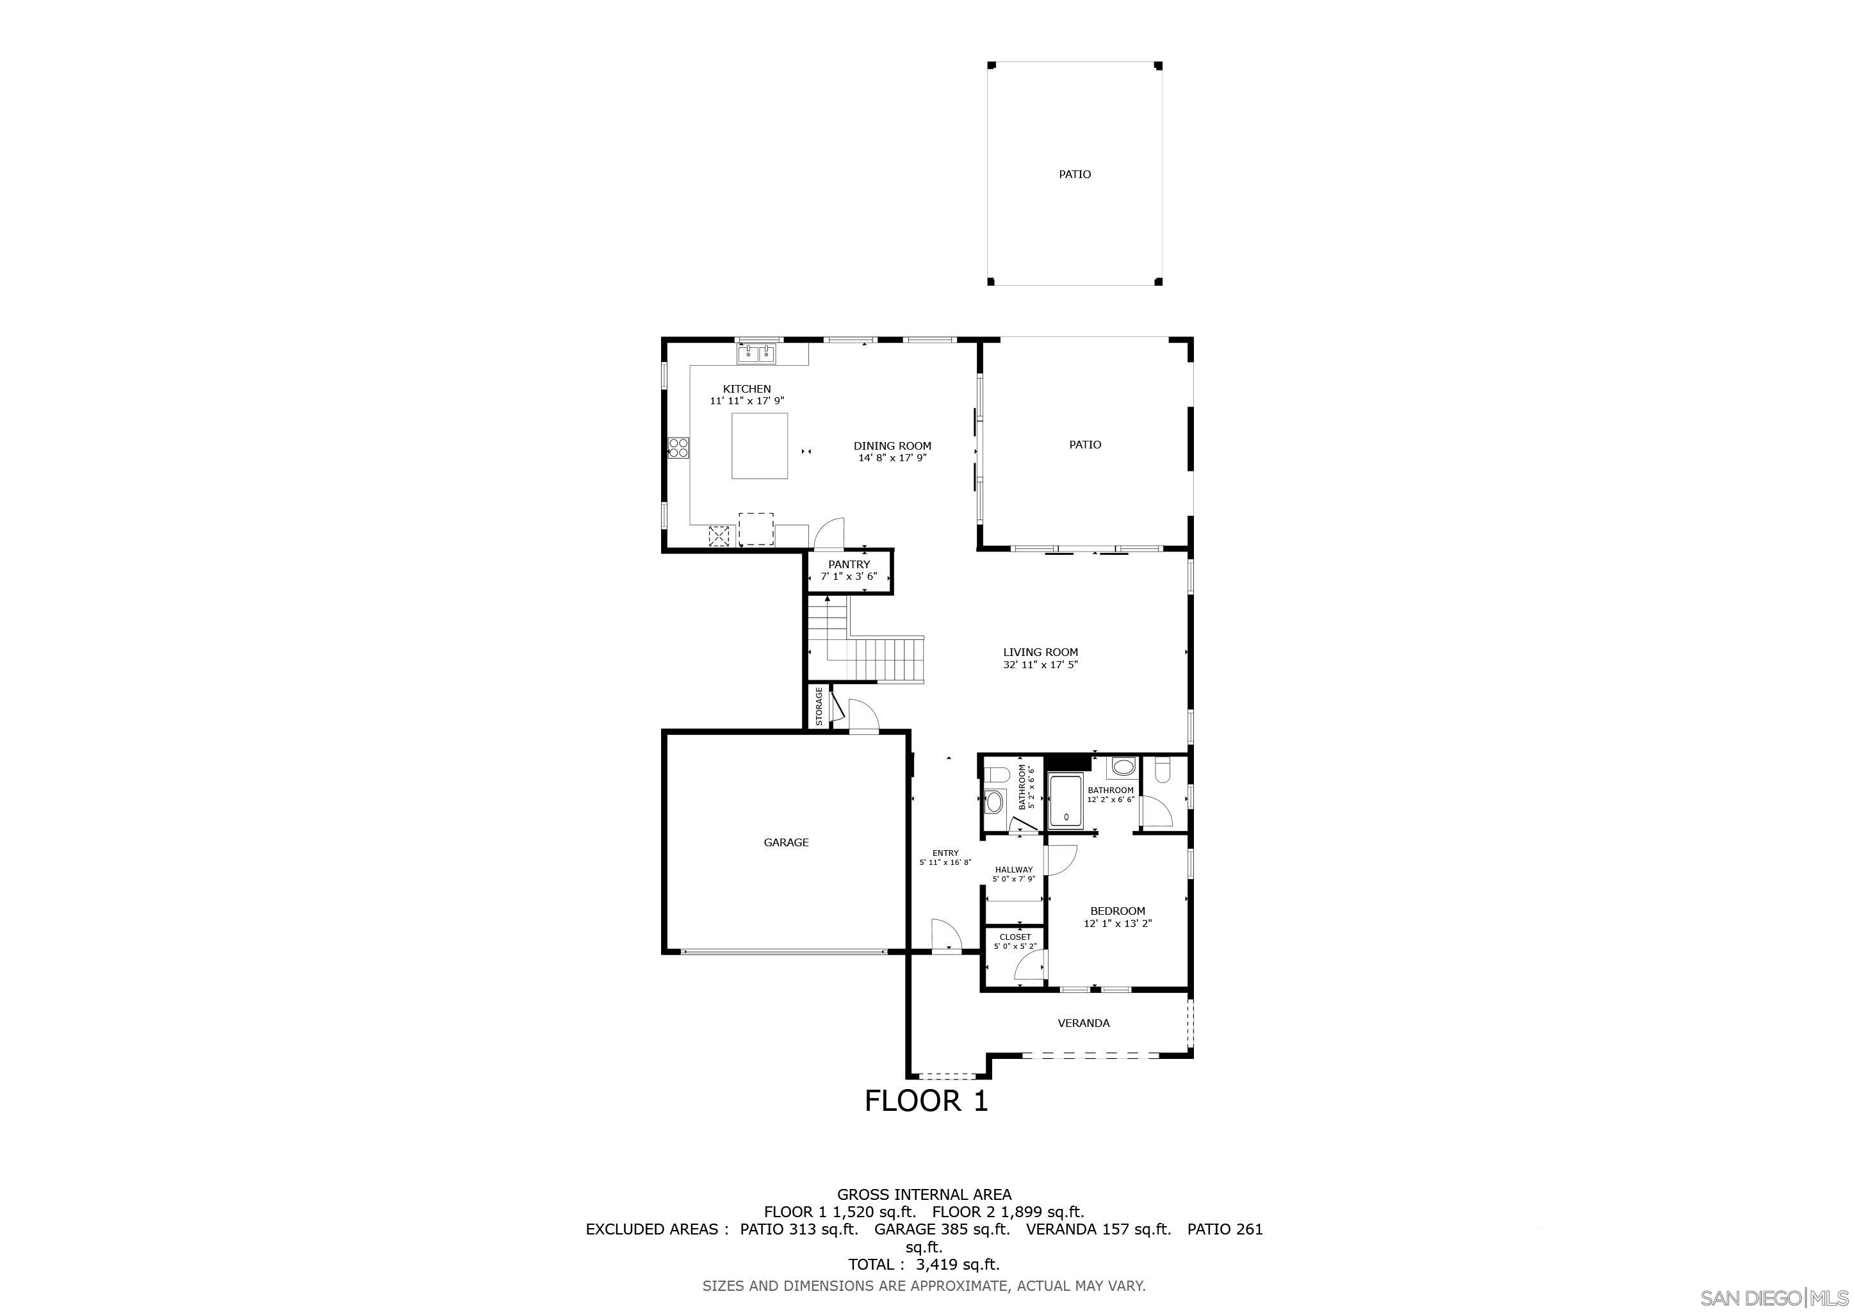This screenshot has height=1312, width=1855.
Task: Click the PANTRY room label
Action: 849,564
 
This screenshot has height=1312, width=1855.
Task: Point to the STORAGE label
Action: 819,706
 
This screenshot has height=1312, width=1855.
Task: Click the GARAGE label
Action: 786,842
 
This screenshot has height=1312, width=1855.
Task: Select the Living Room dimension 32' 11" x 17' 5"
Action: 1041,665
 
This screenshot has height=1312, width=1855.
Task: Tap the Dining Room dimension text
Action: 892,457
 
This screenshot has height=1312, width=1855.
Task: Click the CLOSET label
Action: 1015,937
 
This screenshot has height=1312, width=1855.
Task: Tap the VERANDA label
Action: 1083,1023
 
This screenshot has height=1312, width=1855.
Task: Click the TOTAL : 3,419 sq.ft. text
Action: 924,1265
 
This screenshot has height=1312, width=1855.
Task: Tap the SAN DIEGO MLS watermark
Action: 1774,1297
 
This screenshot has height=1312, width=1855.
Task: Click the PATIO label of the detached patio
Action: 1075,174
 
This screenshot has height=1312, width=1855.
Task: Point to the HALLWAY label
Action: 1014,869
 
